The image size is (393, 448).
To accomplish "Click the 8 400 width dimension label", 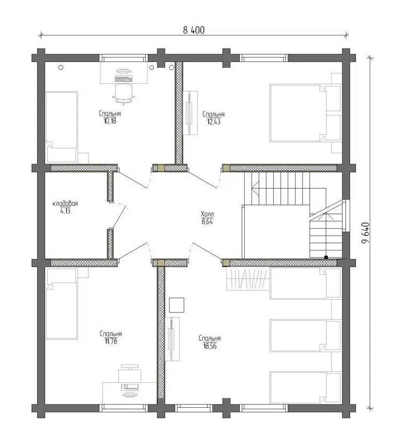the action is pos(194,30).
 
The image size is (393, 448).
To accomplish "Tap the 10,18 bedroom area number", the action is pos(110,121).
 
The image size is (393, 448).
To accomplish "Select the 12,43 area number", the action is pos(213,121).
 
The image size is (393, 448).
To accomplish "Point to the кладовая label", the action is pos(66,204).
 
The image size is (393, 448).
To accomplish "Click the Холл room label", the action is pos(208,214).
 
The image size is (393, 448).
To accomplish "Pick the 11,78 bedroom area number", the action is pos(111,341).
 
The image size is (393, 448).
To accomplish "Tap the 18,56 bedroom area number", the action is pos(210,346).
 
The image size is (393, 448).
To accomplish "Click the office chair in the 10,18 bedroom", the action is pos(124,93).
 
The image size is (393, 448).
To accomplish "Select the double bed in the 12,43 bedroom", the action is pos(299,113).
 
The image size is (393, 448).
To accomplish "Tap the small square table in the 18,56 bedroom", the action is pos(176,305).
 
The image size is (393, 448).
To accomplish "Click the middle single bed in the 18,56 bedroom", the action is pos(299,335).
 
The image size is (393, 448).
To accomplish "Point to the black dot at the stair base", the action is pos(326,257).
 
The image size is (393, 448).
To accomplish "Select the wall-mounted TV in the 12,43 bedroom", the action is pos(190,112).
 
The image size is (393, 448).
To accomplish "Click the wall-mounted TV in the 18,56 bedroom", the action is pos(172,339).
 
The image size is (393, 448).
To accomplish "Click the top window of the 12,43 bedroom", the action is pos(264,58).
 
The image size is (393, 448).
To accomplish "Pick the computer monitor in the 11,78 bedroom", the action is pos(130,395).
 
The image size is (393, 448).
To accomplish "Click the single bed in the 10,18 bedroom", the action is pos(62,127).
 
